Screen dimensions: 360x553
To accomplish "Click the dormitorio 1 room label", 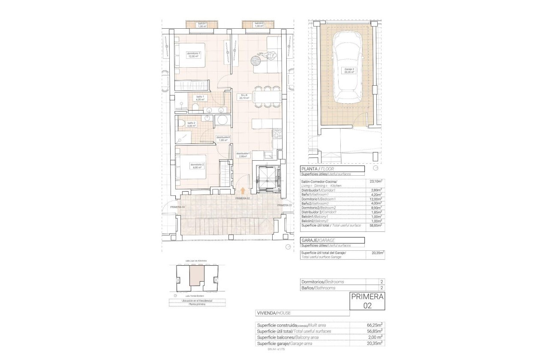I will click(194, 54).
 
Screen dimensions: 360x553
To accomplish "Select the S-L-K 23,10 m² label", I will click(244, 96).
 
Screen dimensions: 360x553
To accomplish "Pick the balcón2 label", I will click(258, 24).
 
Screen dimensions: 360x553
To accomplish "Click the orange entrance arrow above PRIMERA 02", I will click(243, 191).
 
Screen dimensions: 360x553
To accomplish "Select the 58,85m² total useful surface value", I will click(376, 225).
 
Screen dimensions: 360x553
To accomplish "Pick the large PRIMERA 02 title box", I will click(367, 301).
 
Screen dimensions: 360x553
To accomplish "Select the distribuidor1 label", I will click(244, 155).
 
